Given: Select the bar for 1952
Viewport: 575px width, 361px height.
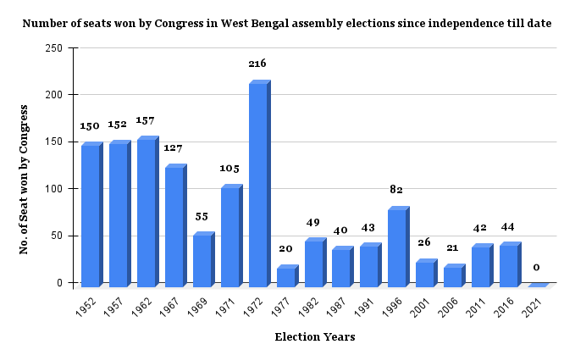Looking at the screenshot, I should tap(90, 215).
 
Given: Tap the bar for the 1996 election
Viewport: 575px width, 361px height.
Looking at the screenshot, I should tap(397, 247).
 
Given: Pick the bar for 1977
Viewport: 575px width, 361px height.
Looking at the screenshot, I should tap(285, 277).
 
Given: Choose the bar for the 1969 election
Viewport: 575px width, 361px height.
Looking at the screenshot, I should tap(202, 260).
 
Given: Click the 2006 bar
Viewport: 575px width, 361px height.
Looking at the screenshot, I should tap(453, 277).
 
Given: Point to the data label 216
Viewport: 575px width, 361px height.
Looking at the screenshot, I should tap(257, 64).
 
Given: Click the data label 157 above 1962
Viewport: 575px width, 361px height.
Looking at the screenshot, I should tap(146, 120).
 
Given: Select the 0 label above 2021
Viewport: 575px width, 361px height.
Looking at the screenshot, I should tap(536, 267).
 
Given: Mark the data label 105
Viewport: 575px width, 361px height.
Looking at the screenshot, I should tap(229, 169).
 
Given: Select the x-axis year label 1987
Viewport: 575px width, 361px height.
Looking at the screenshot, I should tap(337, 304).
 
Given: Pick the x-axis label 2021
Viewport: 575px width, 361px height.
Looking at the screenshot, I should tap(533, 304).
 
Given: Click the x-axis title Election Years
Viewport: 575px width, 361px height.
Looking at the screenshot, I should tap(314, 337).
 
